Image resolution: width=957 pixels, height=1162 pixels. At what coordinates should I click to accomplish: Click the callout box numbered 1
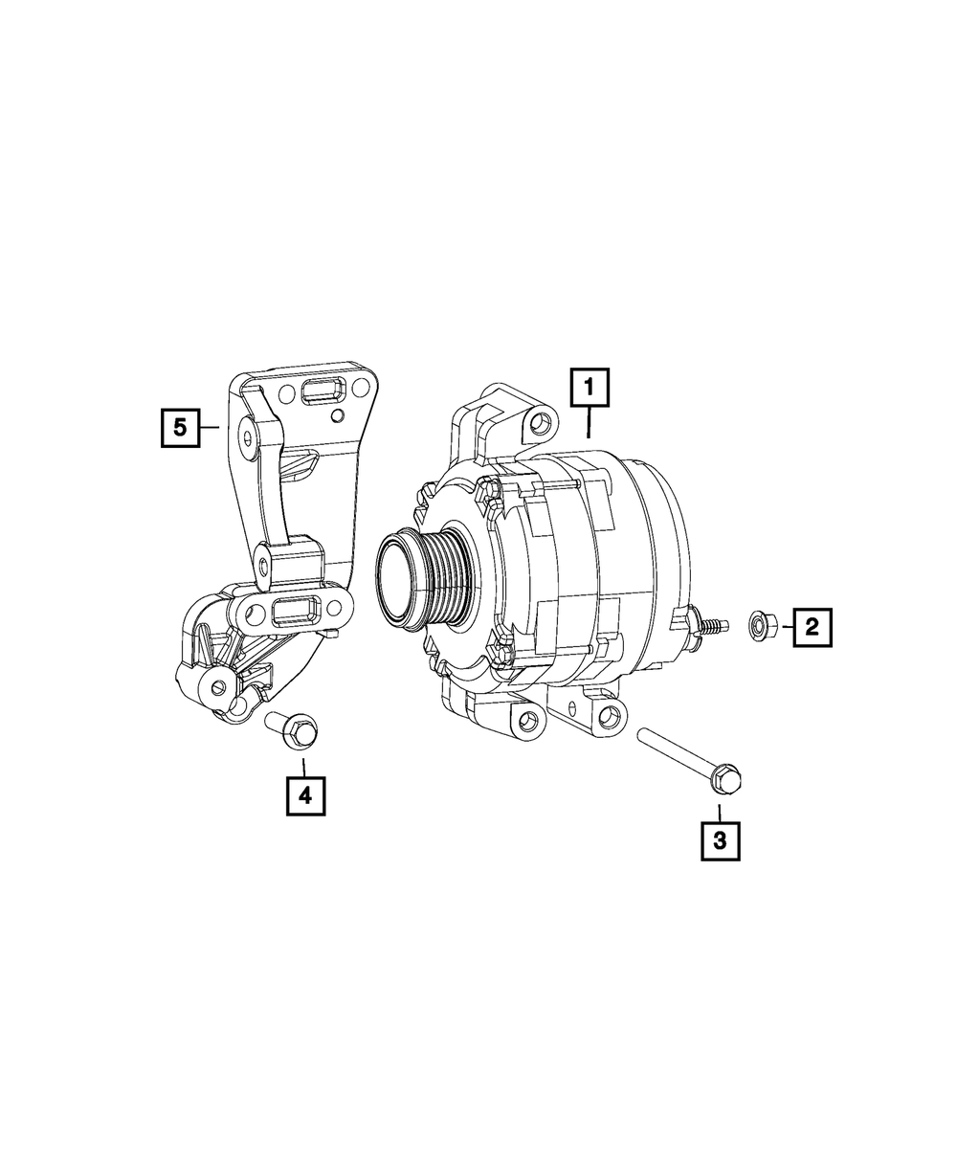tap(589, 388)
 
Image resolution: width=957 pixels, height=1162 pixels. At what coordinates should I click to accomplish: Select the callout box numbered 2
tap(812, 627)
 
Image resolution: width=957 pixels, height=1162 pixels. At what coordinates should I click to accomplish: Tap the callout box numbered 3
tap(720, 840)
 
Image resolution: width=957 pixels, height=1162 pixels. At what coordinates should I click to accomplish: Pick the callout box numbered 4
tap(305, 795)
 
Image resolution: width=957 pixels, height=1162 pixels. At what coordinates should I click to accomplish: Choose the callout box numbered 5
tap(180, 428)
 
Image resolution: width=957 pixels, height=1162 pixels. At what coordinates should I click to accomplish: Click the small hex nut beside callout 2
tap(758, 625)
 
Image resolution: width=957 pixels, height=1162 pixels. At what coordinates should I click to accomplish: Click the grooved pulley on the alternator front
tap(426, 579)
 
